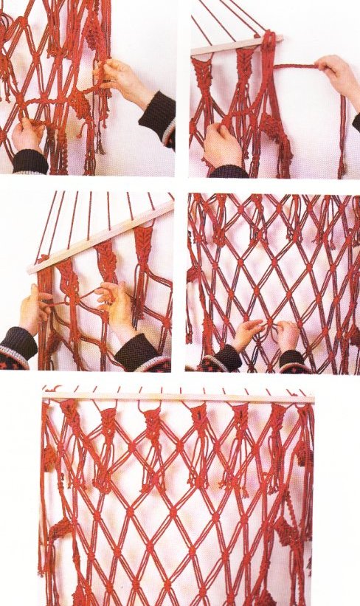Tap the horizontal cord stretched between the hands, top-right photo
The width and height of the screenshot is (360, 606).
(x=295, y=67)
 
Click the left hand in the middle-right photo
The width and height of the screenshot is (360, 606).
(x=247, y=335)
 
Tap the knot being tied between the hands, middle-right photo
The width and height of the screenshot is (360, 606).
(x=268, y=326)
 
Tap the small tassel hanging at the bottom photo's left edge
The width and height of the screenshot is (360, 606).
(x=49, y=458)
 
